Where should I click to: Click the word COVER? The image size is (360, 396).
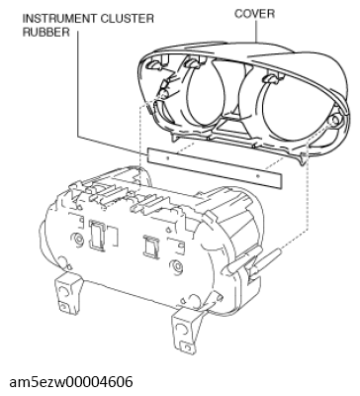click(254, 14)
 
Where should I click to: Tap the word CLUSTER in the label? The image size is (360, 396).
click(127, 19)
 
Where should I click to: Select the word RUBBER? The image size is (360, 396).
click(46, 32)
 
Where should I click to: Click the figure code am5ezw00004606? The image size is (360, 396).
click(71, 382)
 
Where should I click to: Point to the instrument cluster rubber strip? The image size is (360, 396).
click(215, 168)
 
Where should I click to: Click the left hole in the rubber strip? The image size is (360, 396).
click(167, 158)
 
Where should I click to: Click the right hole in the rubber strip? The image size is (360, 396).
click(258, 176)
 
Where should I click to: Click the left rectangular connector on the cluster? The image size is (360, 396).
click(97, 234)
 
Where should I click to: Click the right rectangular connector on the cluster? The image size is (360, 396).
click(151, 247)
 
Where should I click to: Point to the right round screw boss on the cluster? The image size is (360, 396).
click(175, 265)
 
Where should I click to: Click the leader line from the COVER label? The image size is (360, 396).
click(257, 32)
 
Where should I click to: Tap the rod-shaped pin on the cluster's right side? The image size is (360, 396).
click(266, 261)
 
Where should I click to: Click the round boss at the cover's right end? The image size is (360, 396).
click(335, 120)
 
